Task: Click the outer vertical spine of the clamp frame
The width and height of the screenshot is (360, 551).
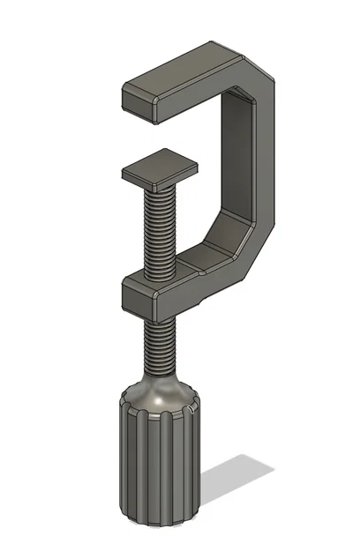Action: pyautogui.click(x=265, y=159)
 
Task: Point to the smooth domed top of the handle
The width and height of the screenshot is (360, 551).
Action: pyautogui.click(x=159, y=395)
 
